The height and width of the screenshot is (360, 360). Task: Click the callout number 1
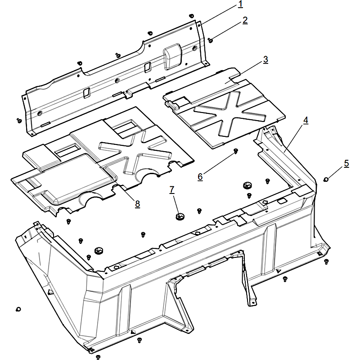(240, 4)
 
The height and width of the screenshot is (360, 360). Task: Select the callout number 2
(245, 20)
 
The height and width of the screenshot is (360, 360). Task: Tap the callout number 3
(265, 59)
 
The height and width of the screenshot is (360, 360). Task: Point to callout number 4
(306, 121)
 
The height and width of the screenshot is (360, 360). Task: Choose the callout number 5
(346, 163)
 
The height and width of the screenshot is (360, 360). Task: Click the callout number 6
(200, 177)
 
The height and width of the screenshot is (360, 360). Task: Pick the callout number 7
(172, 190)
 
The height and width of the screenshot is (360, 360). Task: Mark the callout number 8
(137, 204)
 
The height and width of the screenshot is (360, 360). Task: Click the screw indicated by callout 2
(210, 40)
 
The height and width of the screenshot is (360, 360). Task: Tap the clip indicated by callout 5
(325, 179)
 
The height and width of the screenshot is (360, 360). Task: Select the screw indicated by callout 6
(235, 151)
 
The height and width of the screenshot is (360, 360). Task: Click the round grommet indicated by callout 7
(180, 216)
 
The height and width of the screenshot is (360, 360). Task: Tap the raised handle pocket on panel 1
(173, 56)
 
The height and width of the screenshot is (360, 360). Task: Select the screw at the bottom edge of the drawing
(98, 357)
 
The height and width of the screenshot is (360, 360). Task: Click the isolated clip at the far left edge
(18, 309)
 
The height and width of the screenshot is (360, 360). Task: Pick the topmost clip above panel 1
(191, 16)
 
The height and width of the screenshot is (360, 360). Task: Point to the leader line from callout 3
(244, 72)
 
